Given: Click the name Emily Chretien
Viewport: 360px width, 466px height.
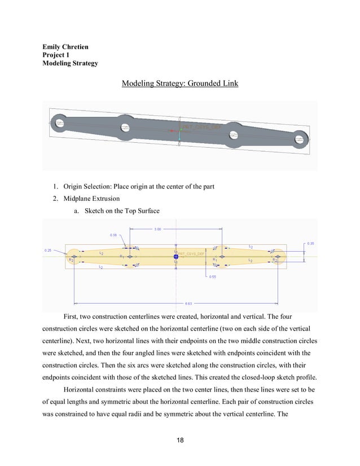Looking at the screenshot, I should pos(65,46).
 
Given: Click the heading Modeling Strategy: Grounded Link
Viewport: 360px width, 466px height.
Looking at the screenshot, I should pos(179,84).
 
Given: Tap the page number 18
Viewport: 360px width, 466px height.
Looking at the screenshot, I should pos(179,440).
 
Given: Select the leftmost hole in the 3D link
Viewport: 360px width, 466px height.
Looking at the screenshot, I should pos(59,121).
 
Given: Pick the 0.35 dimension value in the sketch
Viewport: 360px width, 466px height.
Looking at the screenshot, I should pos(310,243).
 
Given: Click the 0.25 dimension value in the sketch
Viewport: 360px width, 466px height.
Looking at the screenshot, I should pos(48,250).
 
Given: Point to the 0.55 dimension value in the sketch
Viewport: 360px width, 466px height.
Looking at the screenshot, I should pos(212,277).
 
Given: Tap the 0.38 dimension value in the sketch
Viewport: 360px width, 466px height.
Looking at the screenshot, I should pos(113,235).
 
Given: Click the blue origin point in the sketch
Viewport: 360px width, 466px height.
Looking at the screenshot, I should pos(176,257).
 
